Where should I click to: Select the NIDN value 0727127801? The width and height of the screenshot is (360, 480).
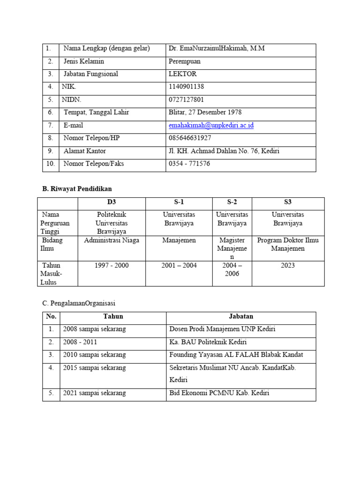point(186,100)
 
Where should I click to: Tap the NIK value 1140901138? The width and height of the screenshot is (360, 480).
point(186,87)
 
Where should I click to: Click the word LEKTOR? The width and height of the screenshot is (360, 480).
point(182,74)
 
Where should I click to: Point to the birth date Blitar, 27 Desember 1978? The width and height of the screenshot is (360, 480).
point(205,112)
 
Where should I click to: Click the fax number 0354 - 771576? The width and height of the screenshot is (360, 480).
point(189,164)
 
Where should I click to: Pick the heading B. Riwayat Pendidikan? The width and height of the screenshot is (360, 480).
point(77,189)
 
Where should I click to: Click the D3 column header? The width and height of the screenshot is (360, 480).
point(112,202)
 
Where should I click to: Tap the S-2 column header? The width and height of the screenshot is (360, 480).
point(232,202)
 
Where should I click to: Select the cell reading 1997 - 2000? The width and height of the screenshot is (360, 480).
point(112,266)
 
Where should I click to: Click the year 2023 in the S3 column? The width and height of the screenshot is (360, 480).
point(288,266)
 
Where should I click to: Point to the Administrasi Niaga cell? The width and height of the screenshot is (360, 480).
point(112,240)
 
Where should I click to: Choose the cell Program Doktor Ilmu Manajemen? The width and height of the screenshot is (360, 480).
point(288,244)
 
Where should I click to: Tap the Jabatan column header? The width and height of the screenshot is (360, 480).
point(241,317)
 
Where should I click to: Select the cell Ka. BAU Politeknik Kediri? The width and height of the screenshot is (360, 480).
point(208,342)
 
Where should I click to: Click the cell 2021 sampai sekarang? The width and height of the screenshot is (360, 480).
point(94,393)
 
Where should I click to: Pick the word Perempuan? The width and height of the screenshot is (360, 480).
point(184,61)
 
